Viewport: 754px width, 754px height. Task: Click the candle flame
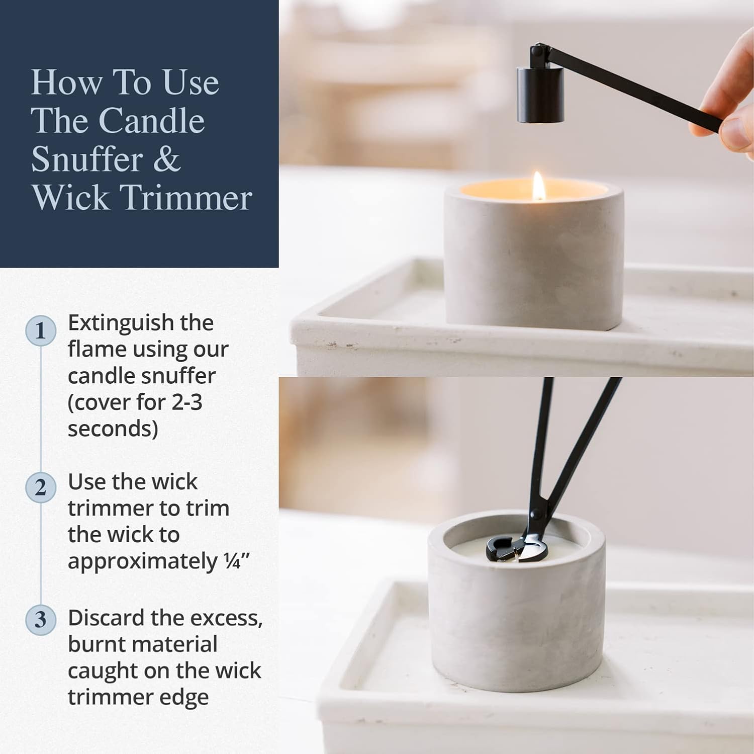[x=539, y=186]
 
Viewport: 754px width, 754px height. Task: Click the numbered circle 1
[x=41, y=330]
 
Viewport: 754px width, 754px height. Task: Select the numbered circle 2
[x=41, y=487]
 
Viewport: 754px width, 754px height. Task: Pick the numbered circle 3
[x=41, y=619]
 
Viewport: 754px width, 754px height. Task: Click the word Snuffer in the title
[x=87, y=159]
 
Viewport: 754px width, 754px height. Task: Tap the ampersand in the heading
[x=166, y=159]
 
